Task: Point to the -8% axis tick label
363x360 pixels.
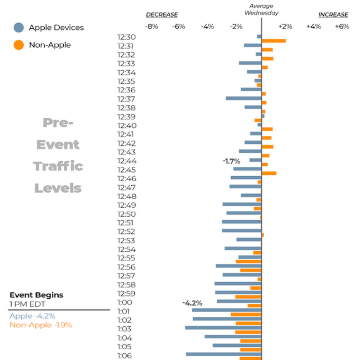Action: coord(151,27)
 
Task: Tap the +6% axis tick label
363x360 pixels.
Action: coord(342,27)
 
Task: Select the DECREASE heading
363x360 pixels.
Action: coord(162,15)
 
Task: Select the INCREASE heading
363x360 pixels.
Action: coord(333,15)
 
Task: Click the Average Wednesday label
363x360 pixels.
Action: coord(262,9)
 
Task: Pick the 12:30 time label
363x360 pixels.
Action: coord(126,37)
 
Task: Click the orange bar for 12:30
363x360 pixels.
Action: coord(274,41)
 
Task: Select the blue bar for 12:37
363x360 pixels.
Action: coord(244,98)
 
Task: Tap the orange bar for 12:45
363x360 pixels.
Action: coord(269,173)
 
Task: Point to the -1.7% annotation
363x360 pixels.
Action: coord(231,161)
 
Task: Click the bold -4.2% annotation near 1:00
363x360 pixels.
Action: coord(192,303)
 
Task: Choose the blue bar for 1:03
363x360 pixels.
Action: coord(223,328)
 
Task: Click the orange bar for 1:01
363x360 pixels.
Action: coord(246,314)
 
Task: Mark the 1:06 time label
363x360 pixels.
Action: coord(124,356)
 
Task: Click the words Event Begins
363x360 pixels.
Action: coord(36,295)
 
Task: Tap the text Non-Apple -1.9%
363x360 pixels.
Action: coord(41,325)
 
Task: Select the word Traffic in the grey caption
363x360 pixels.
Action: coord(58,166)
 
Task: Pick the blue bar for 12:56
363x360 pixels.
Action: coord(239,266)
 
